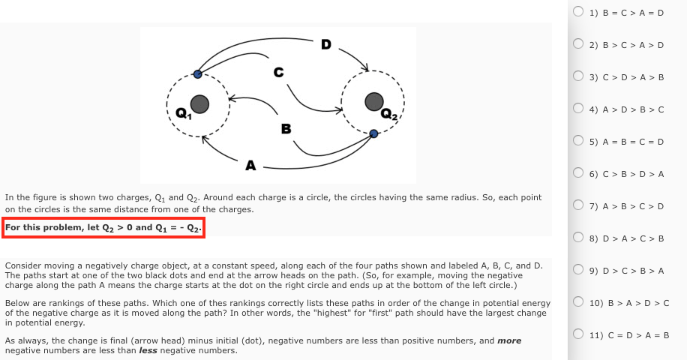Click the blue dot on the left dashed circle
[197, 73]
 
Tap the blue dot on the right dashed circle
[374, 133]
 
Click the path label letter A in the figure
[250, 163]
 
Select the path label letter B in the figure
[286, 129]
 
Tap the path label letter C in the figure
[278, 73]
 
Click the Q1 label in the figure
[181, 115]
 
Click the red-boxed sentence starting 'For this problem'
[103, 227]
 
